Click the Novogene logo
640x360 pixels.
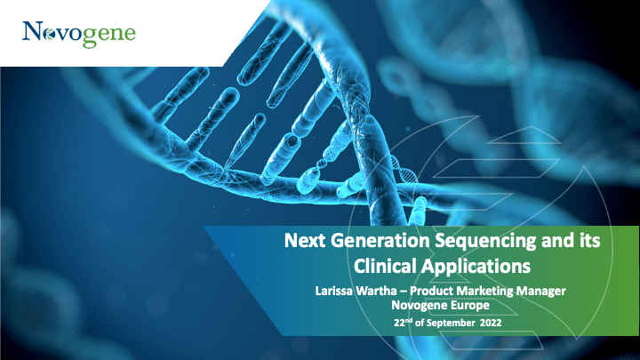pos(79,35)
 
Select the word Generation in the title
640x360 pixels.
pos(380,240)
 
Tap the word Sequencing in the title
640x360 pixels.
pos(485,241)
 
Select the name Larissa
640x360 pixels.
pos(334,291)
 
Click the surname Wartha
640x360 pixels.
pos(376,291)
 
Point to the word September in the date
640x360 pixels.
pos(451,323)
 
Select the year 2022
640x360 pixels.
pos(491,323)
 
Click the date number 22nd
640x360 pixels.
pos(404,323)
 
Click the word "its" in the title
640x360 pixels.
pos(591,240)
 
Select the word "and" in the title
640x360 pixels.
pos(559,240)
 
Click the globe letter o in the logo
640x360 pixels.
pos(50,35)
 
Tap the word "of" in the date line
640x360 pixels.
pos(420,323)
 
